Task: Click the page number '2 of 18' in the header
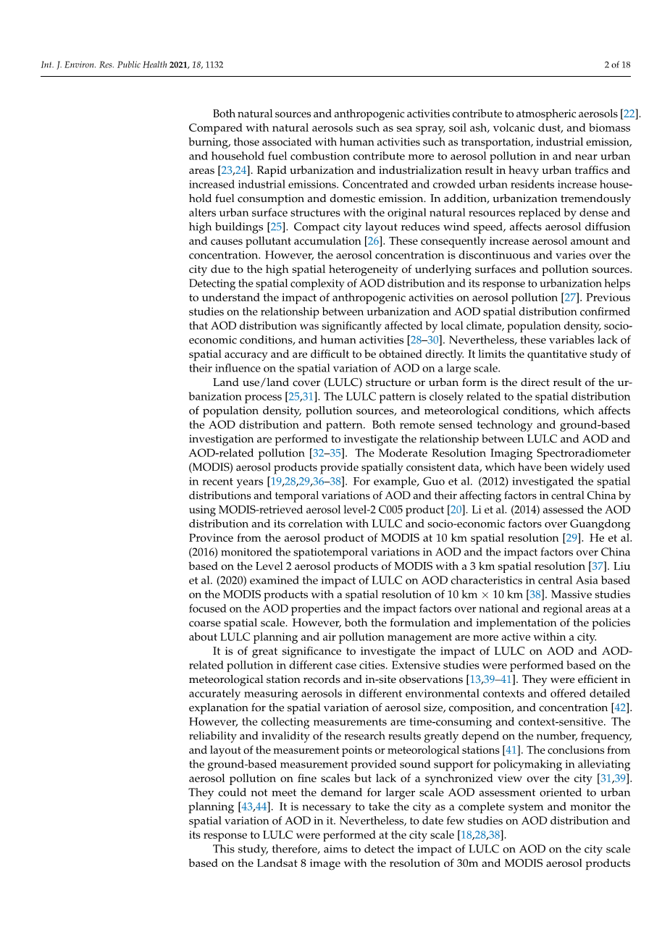617,64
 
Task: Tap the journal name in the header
104,64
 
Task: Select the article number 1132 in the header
214,64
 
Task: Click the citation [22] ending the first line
630,114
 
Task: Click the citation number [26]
374,241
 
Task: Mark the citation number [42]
621,708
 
